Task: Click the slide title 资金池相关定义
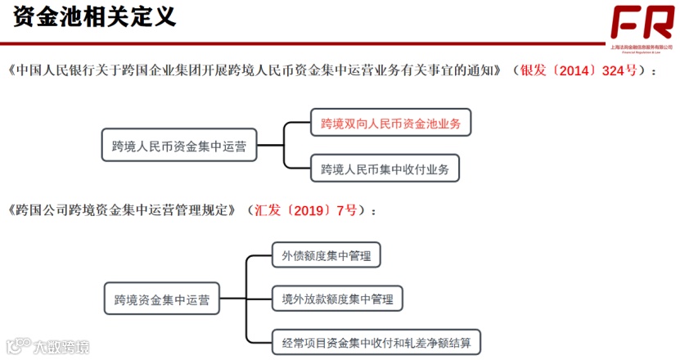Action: coord(95,18)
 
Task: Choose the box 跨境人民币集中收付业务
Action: coord(385,169)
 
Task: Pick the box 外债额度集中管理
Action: coord(326,256)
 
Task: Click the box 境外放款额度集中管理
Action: coord(338,299)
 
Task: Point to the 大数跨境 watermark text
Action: coord(61,346)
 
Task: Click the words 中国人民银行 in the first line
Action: coord(46,70)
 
